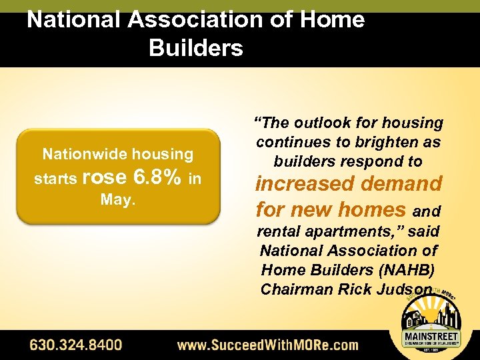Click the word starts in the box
tap(55, 179)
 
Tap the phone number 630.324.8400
tap(75, 345)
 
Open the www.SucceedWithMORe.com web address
tap(267, 345)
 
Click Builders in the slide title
tap(196, 48)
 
